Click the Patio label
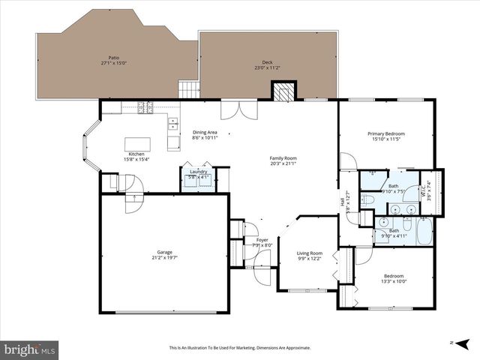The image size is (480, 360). [114, 58]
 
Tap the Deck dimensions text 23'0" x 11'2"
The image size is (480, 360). [267, 68]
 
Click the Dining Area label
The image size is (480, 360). [205, 132]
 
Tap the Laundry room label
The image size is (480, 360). [199, 172]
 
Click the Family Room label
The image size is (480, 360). [283, 158]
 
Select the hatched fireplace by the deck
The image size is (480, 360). [283, 91]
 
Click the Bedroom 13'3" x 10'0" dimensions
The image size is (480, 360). [393, 282]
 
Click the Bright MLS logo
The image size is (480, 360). [30, 349]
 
